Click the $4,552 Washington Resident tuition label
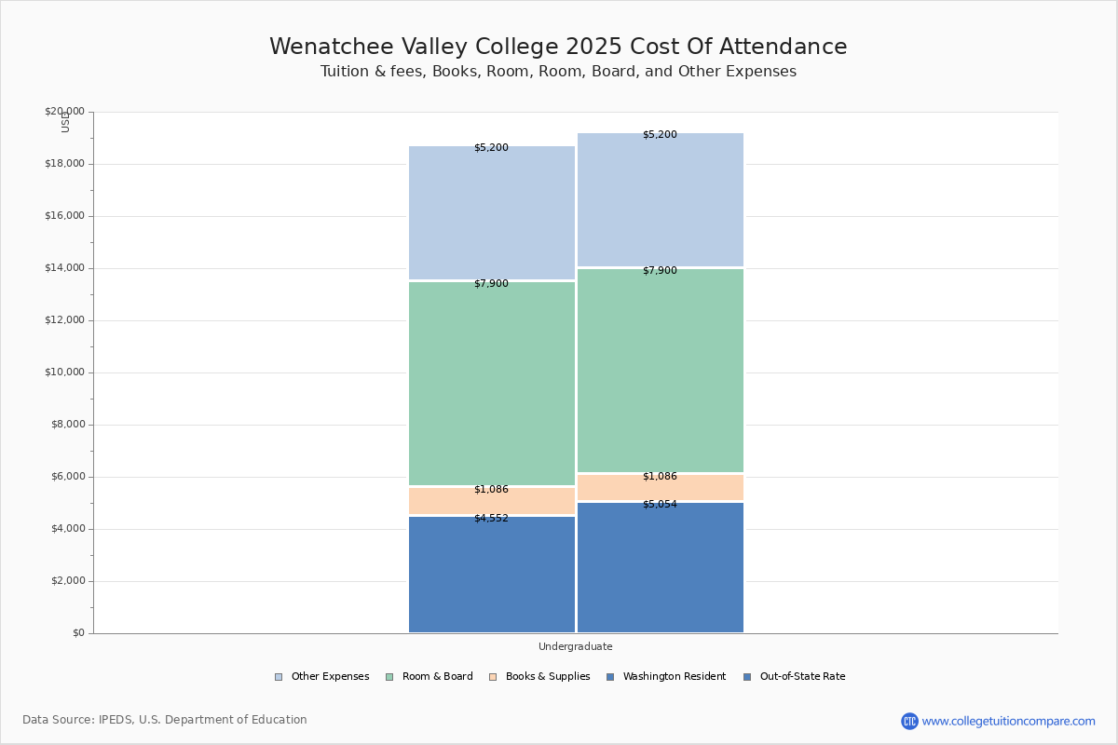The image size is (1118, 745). point(491,518)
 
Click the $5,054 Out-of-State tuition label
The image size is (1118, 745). point(660,505)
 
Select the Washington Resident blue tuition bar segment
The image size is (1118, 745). point(492,577)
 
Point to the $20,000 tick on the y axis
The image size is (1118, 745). point(64,112)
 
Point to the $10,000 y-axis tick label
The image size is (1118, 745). point(64,372)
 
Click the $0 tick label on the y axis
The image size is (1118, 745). point(77,633)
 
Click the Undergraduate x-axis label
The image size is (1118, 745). point(575,646)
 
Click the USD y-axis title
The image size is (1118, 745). point(65,122)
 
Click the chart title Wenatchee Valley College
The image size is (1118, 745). point(558,47)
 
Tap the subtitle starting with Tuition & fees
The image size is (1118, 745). point(558,72)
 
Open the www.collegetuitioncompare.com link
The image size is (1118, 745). point(1008,721)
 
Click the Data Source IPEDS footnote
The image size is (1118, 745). point(165,720)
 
